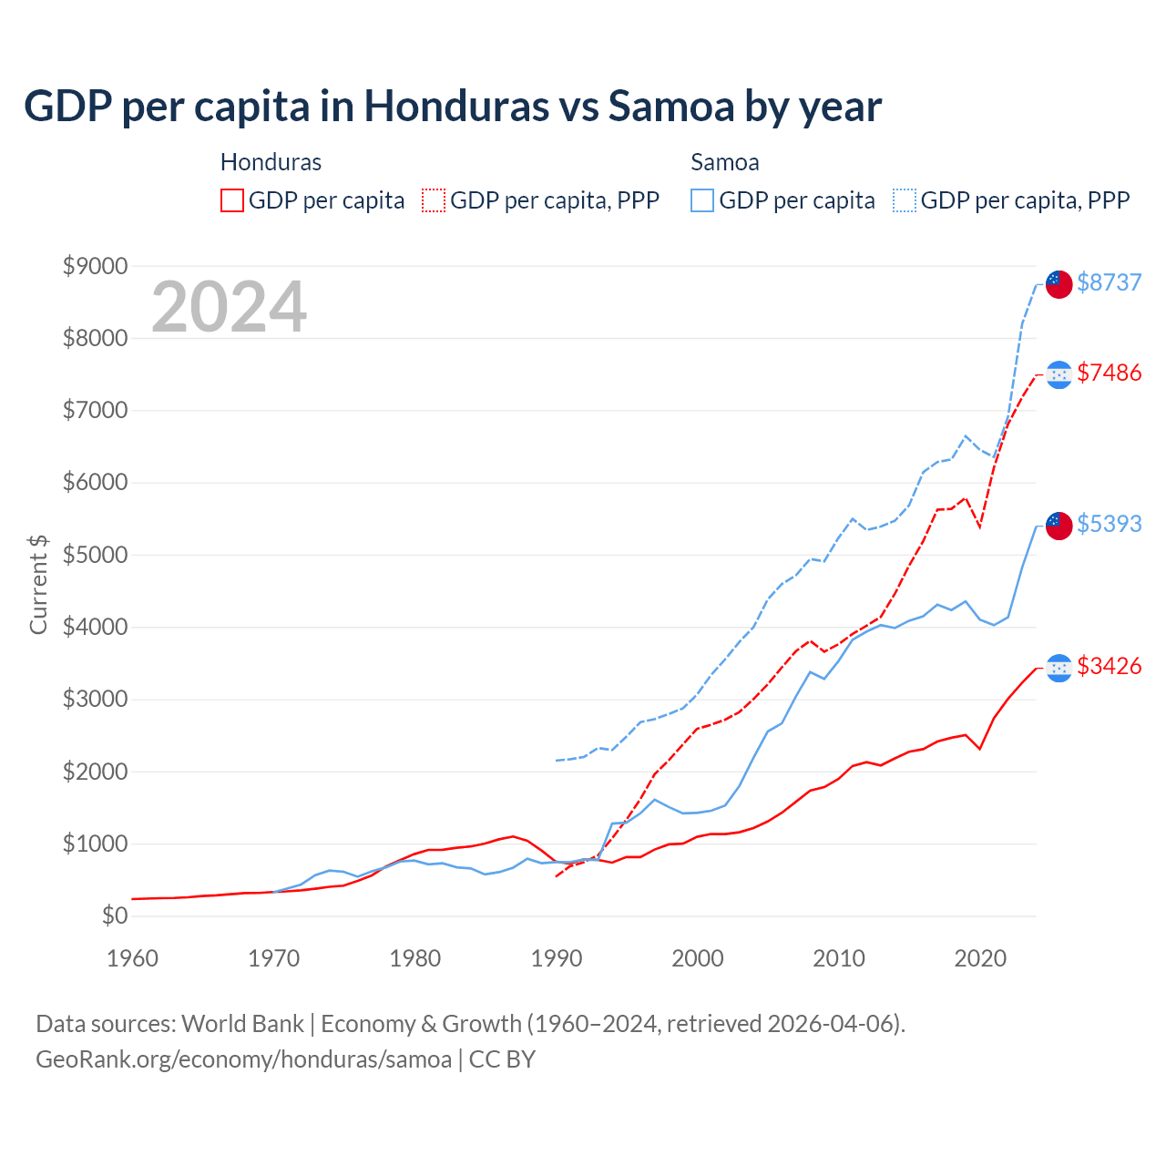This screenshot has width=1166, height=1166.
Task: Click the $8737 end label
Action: tap(1109, 282)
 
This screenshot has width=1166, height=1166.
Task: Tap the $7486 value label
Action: tap(1109, 373)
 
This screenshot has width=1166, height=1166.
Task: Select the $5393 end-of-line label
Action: tap(1109, 524)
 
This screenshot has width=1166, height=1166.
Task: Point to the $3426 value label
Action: tap(1109, 666)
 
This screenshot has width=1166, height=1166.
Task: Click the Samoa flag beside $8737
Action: tap(1059, 283)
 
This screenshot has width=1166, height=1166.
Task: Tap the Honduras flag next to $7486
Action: tap(1059, 374)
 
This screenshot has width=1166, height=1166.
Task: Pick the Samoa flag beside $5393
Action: tap(1059, 525)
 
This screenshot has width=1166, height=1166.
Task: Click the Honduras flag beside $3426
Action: tap(1059, 668)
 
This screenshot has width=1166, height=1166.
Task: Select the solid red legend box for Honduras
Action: tap(232, 200)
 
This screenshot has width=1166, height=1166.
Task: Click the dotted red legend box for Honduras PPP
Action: tap(435, 200)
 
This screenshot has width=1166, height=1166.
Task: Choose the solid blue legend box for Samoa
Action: tap(702, 200)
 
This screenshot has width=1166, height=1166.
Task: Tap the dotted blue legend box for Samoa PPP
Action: tap(905, 200)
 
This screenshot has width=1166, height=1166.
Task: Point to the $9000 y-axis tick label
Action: tap(95, 266)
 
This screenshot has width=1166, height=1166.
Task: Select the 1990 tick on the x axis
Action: tap(557, 958)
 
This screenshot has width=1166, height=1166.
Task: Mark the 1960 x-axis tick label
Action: tap(133, 958)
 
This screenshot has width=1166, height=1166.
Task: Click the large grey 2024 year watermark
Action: tap(229, 307)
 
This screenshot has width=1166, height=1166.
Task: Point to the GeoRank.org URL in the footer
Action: tap(244, 1059)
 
